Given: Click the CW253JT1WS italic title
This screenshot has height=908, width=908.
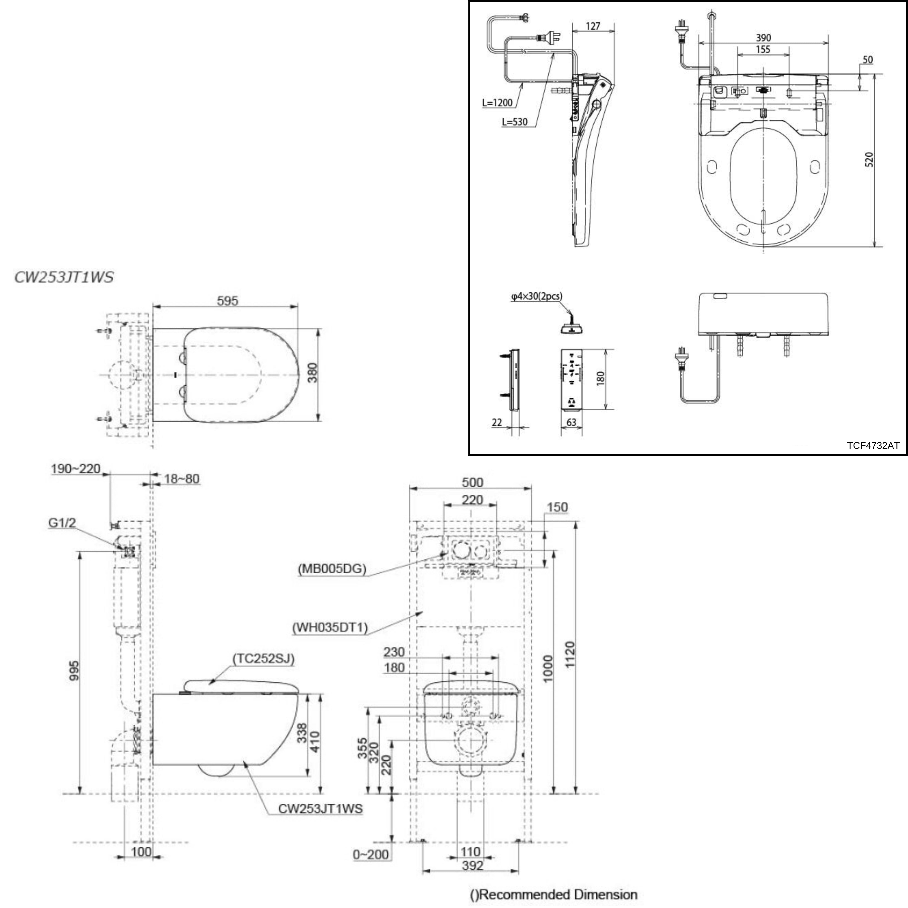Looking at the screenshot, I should pos(64,277).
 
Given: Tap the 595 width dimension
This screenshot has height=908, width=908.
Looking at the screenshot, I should pos(227,301).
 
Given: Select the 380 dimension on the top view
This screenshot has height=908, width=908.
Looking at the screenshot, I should pos(312,373).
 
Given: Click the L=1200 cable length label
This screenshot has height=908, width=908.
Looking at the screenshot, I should pos(497,103).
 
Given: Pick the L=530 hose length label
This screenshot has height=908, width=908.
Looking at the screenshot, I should pos(515,122).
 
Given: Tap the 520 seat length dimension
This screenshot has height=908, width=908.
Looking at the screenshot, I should pos(869,160).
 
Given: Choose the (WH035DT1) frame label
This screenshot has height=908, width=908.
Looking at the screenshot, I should pos(330,627).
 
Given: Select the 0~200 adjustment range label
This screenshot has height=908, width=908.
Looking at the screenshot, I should pos(371,854).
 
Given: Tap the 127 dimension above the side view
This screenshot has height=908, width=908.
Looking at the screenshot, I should pos(593,26).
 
